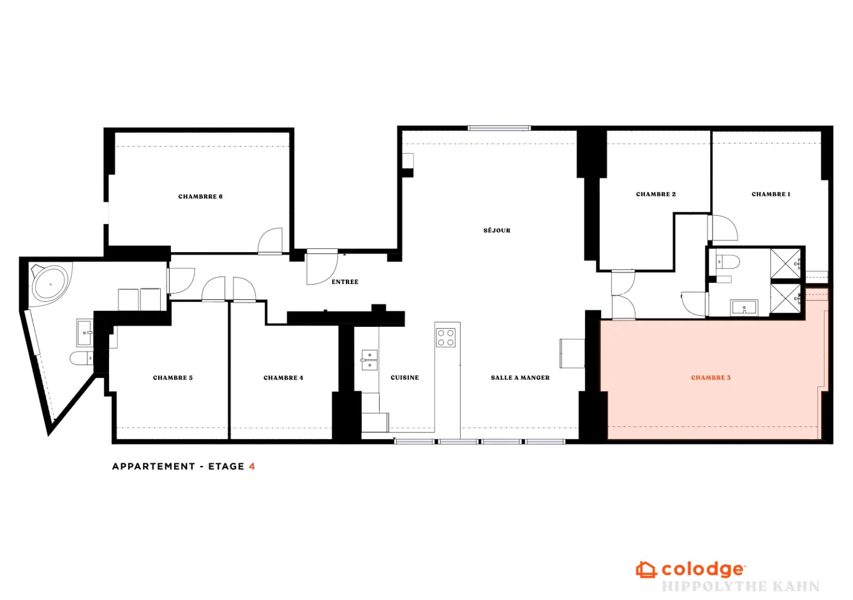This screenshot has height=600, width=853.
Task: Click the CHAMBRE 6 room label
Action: (x=200, y=197)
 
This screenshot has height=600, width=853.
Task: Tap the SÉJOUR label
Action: (x=497, y=230)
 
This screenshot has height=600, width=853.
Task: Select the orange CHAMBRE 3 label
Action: (x=711, y=377)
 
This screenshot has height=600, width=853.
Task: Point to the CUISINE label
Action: (x=404, y=377)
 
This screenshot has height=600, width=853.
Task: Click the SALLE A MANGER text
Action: (x=520, y=377)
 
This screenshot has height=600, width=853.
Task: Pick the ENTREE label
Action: (x=345, y=282)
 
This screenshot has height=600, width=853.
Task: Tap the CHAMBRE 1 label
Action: (x=771, y=194)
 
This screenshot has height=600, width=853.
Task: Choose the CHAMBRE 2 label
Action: (x=656, y=194)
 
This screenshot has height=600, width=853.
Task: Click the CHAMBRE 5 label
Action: (x=173, y=377)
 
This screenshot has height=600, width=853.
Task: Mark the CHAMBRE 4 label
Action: (x=283, y=377)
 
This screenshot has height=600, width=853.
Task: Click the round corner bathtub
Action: (x=51, y=283)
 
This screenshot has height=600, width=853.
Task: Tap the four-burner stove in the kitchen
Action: (x=445, y=338)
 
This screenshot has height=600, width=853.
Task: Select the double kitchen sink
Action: (x=369, y=361)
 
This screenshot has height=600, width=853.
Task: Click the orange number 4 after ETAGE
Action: (x=252, y=467)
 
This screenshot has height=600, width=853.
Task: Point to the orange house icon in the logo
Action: (x=646, y=570)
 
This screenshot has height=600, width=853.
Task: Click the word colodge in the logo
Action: (x=703, y=570)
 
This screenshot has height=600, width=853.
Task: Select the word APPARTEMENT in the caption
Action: (x=154, y=467)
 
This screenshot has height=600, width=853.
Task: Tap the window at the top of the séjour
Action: (x=500, y=128)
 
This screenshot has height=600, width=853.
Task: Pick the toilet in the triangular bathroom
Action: (x=81, y=359)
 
